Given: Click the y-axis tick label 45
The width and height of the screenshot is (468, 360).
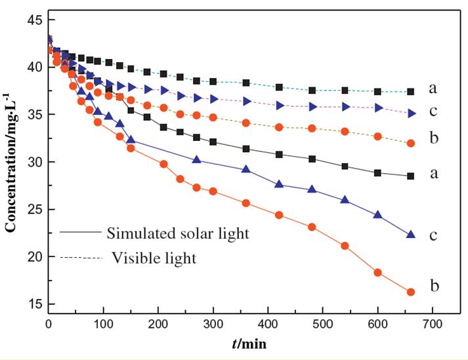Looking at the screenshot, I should tap(33, 20).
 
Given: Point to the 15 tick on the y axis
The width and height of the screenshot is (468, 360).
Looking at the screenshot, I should tap(33, 304).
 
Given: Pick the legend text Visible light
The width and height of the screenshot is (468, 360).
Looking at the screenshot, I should tap(154, 258).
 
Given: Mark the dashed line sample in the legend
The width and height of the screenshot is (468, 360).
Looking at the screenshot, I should tap(81, 258).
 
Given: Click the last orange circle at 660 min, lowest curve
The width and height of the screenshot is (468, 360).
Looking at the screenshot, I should tap(411, 292).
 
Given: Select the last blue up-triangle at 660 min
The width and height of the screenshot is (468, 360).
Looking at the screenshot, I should tap(411, 234).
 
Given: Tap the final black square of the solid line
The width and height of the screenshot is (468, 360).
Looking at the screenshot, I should tap(411, 176).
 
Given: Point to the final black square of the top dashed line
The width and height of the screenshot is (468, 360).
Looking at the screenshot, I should tap(411, 92).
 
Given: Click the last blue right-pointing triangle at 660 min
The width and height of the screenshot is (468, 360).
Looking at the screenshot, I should tap(412, 113).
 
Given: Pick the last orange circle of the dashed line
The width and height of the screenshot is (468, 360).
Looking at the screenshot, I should tap(411, 143).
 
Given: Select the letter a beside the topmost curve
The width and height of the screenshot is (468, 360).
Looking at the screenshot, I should tap(434, 88).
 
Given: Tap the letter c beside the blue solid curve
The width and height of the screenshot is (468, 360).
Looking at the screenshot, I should tap(434, 235).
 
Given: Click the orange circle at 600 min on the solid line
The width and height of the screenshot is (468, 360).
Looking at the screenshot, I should tap(378, 273).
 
